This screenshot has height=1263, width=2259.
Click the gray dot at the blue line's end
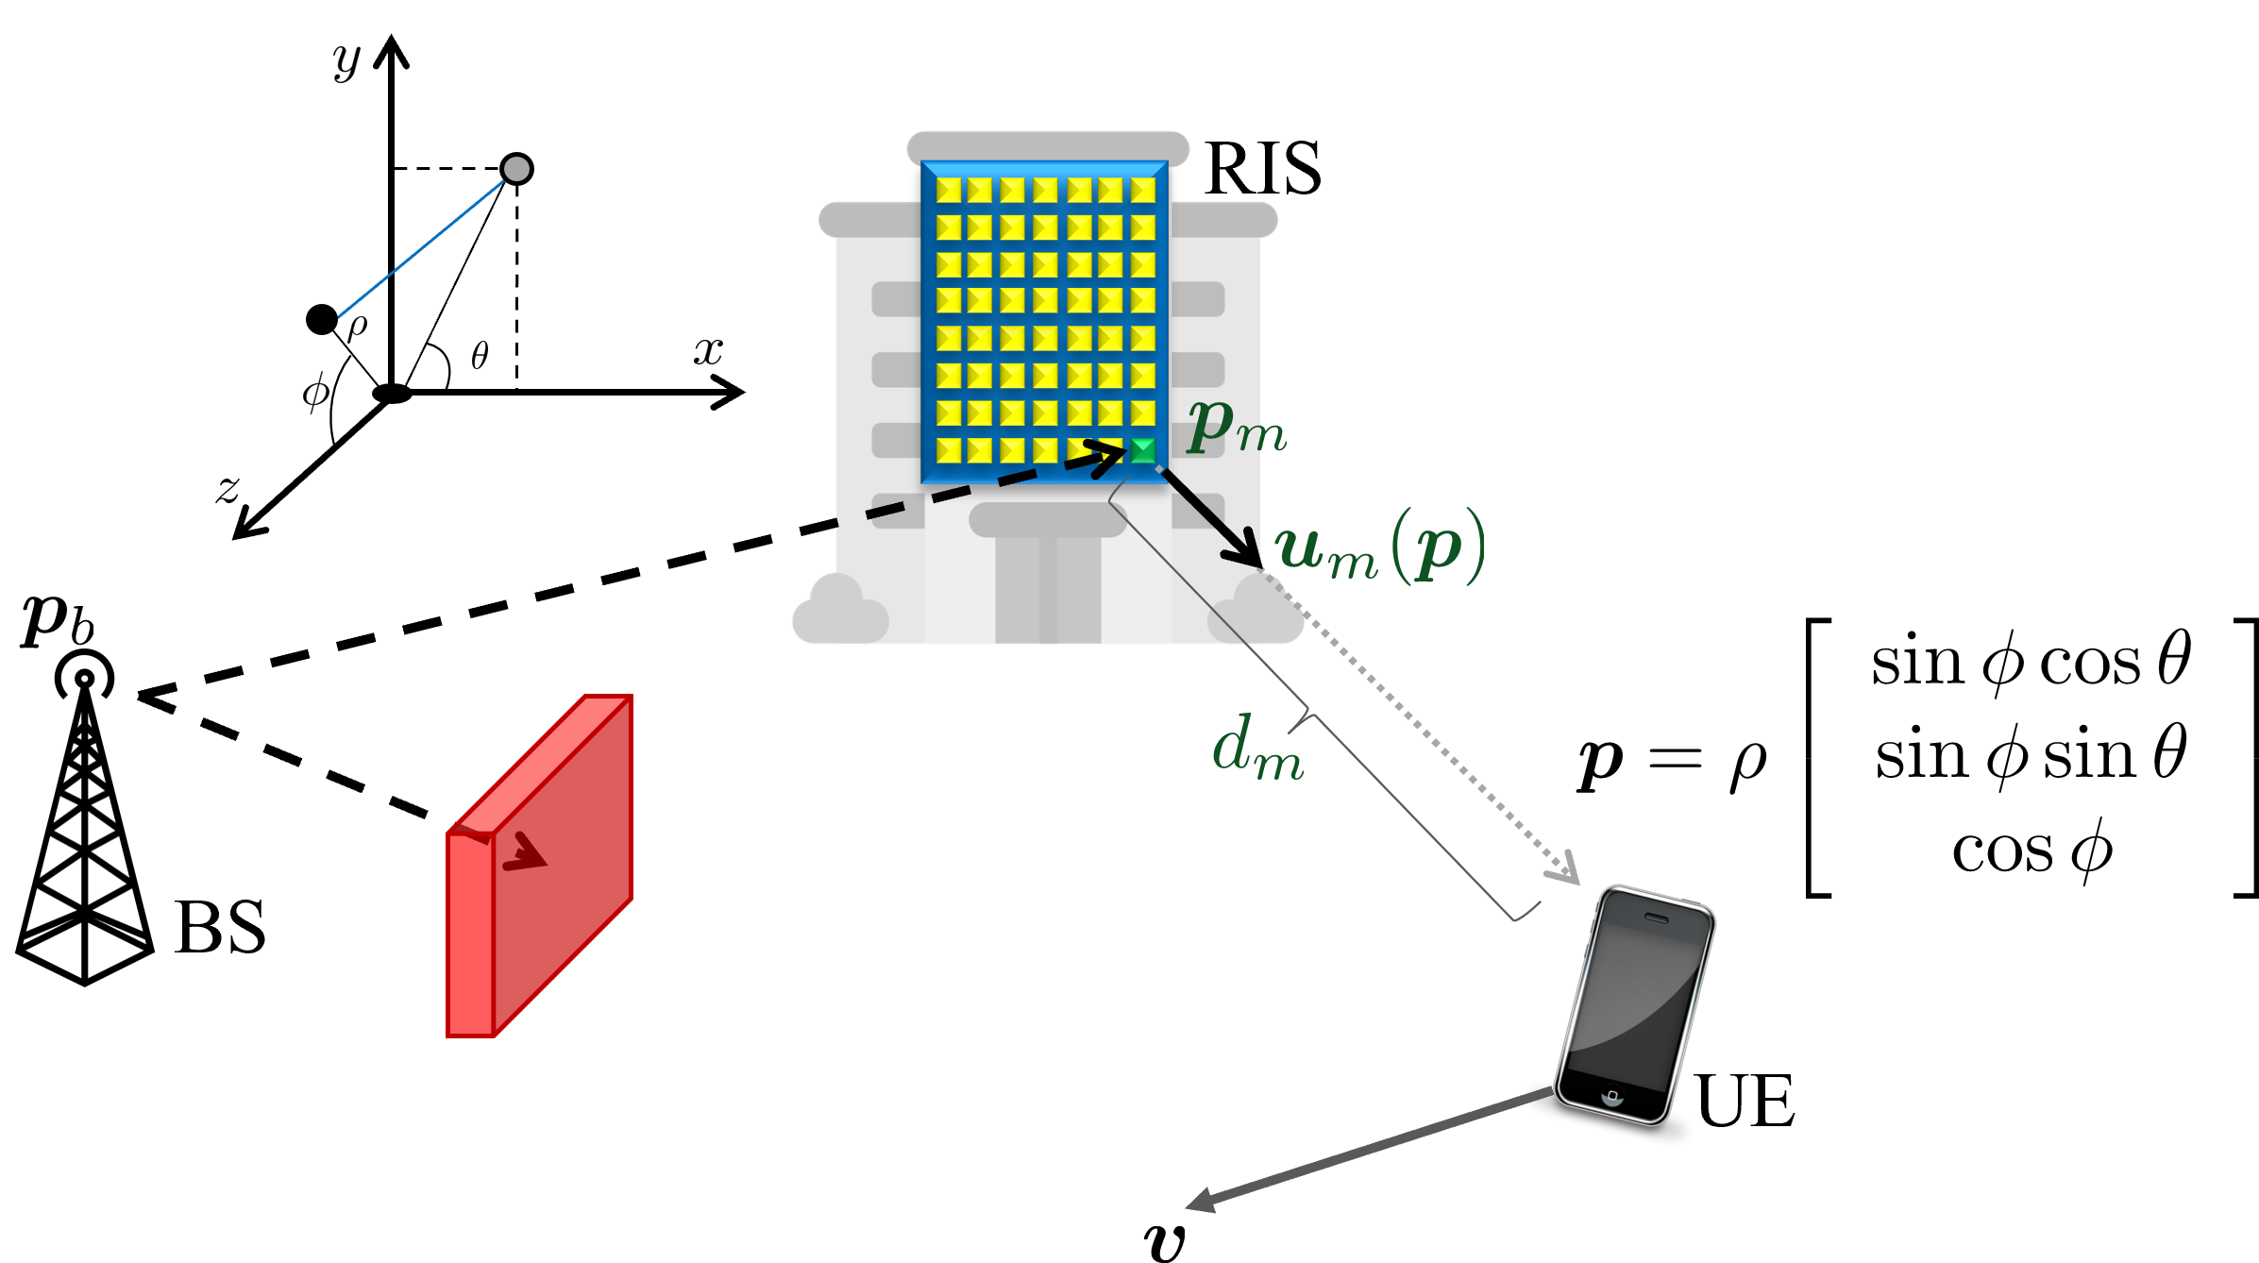(516, 169)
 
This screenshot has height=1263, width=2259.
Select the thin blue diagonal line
(422, 248)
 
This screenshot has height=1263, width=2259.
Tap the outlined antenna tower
(85, 831)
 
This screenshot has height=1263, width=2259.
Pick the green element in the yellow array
(1143, 450)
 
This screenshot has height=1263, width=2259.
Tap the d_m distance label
(1257, 748)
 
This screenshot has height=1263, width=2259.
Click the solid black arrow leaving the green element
(1213, 518)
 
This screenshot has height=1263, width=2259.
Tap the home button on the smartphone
(1612, 1096)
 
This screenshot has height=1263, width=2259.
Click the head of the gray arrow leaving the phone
(1199, 1203)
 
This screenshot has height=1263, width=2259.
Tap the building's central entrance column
(1048, 585)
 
